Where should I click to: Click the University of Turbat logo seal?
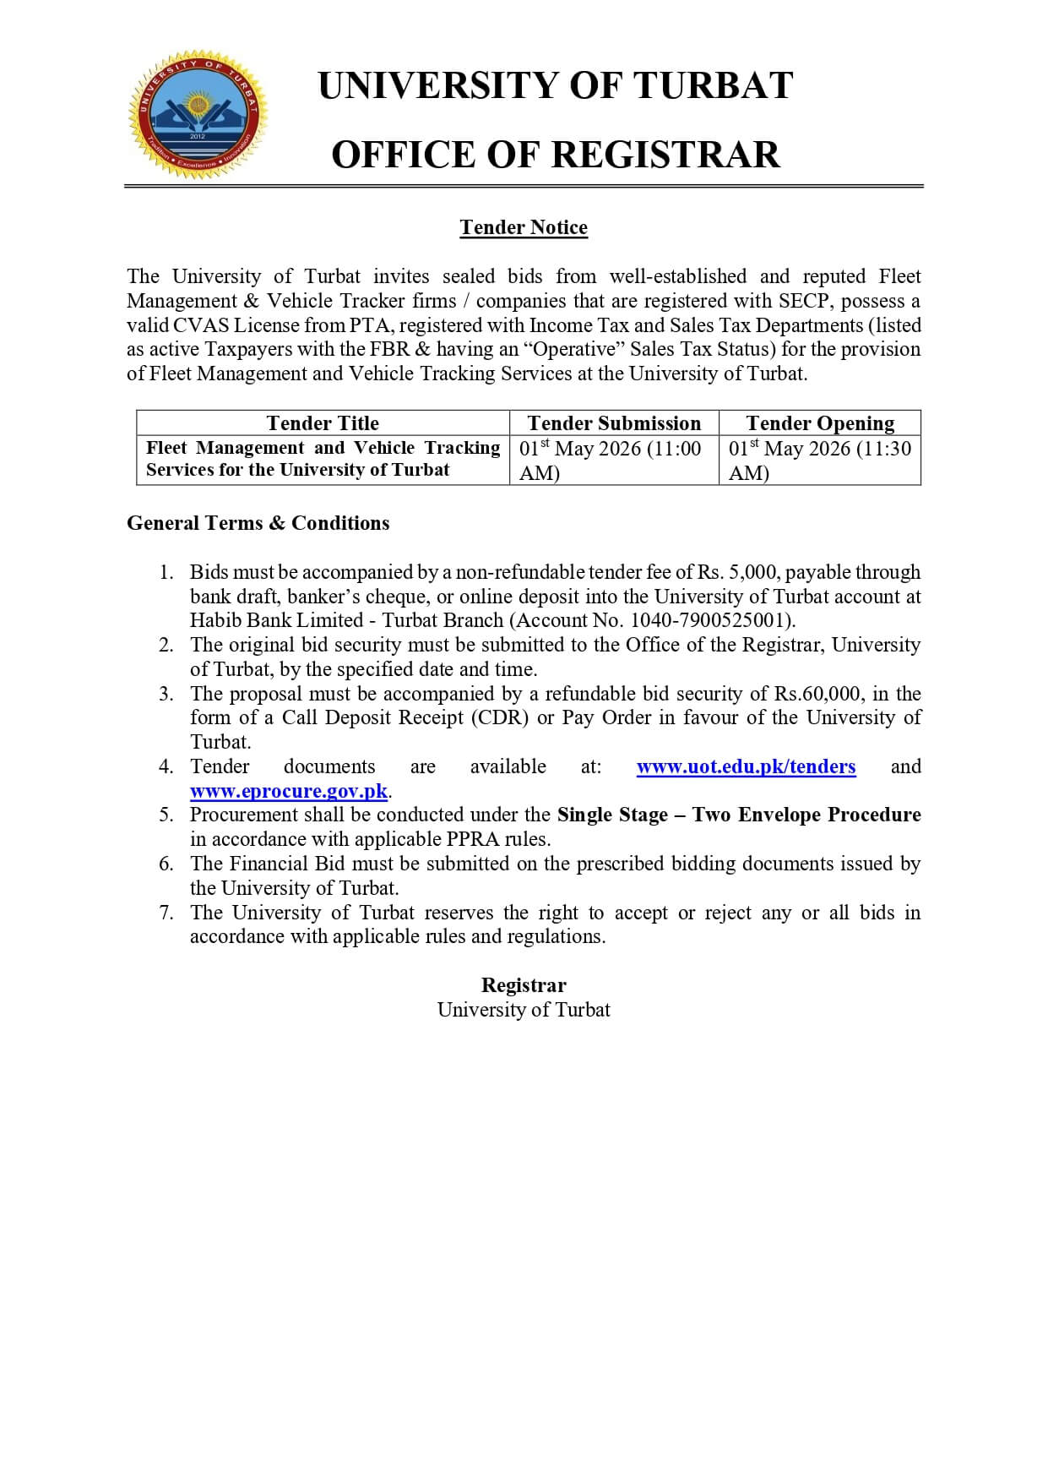[198, 114]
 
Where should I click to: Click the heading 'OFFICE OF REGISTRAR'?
[555, 155]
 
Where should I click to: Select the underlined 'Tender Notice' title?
[524, 227]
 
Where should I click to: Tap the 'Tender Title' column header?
[323, 423]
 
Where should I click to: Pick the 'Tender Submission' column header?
[614, 423]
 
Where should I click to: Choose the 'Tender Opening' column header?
[820, 423]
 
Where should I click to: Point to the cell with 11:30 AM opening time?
[820, 460]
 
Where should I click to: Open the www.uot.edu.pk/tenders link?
[746, 766]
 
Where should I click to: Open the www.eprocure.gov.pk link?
[289, 791]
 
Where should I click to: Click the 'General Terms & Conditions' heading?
[258, 523]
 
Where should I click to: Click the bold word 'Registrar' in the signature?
[524, 985]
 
